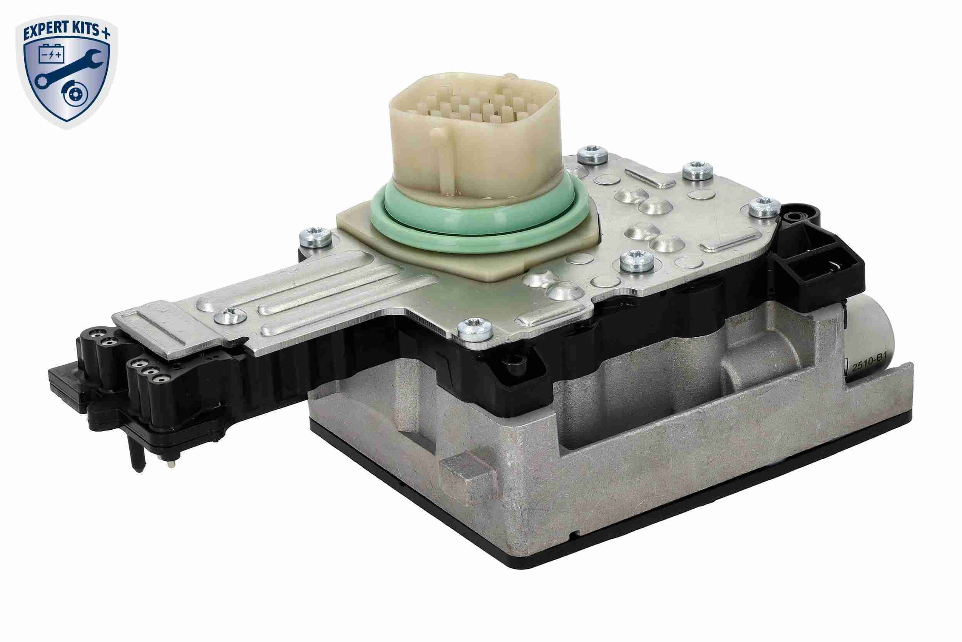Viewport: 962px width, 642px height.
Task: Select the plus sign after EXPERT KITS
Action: [105, 34]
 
